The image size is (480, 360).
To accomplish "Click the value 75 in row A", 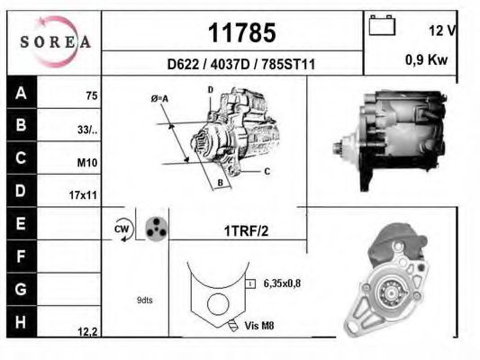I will [x=91, y=95].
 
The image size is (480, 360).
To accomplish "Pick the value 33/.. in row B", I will [x=87, y=129].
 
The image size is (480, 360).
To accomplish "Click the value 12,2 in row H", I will [x=87, y=331].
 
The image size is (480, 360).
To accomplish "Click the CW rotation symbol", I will [x=122, y=229].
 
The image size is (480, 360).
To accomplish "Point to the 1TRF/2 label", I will [x=246, y=230].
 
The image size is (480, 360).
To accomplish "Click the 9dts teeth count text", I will [x=145, y=300].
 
